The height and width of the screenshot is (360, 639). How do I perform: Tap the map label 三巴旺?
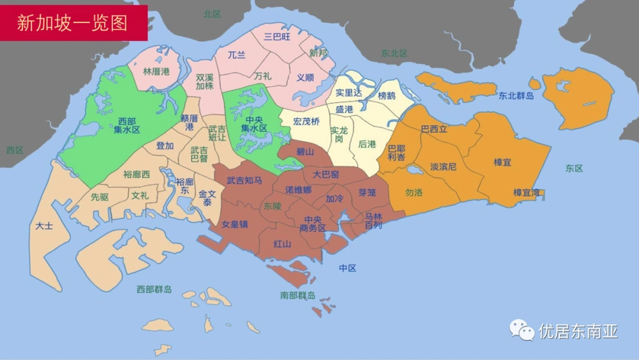click(x=277, y=36)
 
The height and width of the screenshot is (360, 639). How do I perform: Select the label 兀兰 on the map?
click(x=237, y=55)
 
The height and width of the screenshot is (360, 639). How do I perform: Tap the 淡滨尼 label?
click(x=443, y=167)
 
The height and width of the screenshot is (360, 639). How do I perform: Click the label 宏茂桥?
click(x=306, y=121)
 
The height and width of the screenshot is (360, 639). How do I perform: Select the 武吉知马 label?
click(x=245, y=181)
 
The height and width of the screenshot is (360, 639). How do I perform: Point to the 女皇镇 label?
click(x=235, y=224)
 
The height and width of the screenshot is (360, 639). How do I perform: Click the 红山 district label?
click(x=282, y=244)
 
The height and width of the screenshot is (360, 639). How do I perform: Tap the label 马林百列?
click(x=373, y=220)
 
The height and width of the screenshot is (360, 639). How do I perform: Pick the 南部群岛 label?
click(x=298, y=295)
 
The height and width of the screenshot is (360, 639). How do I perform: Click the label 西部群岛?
click(x=154, y=289)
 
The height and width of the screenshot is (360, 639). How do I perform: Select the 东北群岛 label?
click(x=516, y=95)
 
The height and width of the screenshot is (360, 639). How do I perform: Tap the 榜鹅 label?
click(x=386, y=95)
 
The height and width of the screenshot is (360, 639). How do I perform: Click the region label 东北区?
click(x=394, y=53)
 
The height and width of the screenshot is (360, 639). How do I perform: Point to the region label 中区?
click(x=348, y=269)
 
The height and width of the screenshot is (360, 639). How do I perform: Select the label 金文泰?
click(x=207, y=198)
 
